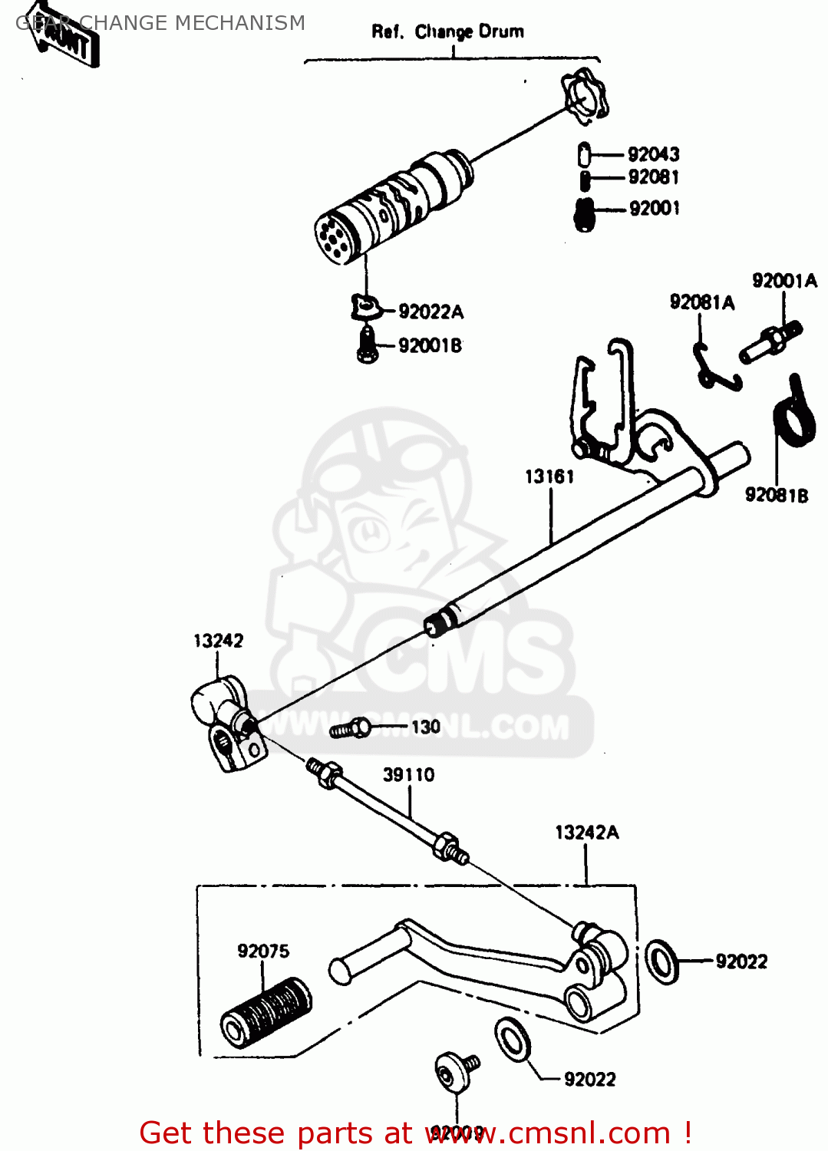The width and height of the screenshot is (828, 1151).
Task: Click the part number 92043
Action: coord(653,154)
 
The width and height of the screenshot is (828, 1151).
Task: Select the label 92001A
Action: coord(784,281)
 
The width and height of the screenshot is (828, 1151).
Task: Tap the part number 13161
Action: coord(549,477)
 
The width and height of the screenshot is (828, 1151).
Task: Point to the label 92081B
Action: coord(776,495)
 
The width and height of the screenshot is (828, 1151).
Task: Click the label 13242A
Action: coord(586,833)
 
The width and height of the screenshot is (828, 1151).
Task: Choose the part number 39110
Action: coord(408,775)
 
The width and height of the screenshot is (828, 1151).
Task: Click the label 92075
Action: coord(263,951)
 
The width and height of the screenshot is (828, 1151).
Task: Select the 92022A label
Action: coord(430,312)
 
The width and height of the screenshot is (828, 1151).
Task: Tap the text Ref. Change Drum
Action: coord(447,32)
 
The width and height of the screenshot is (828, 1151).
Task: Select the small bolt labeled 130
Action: coord(350,728)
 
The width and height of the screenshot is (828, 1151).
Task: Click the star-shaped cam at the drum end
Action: coord(585,97)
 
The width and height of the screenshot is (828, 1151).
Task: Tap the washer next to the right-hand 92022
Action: coord(661,961)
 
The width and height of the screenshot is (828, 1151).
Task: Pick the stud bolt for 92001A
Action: coord(770,342)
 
